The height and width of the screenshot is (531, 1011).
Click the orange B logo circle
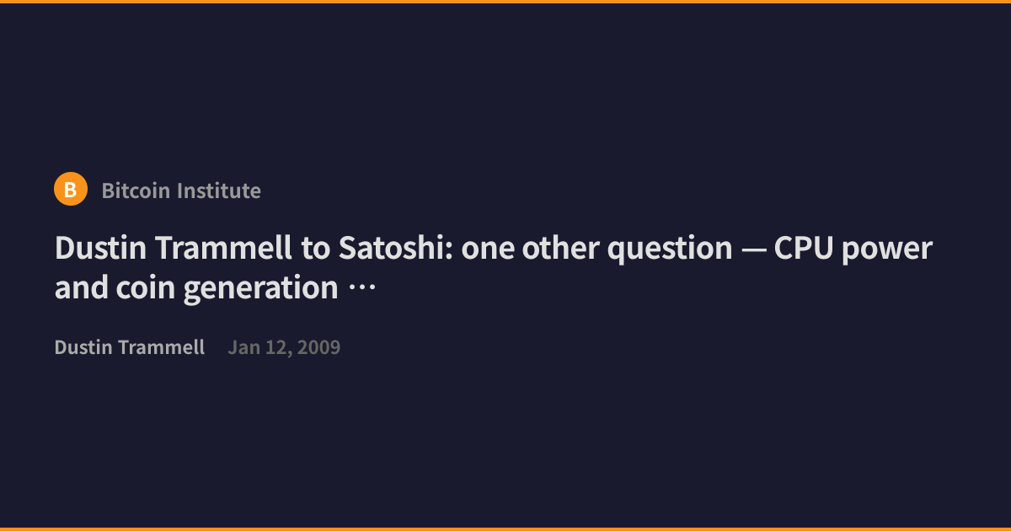click(x=71, y=189)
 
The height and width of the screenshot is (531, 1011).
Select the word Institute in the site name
click(x=219, y=190)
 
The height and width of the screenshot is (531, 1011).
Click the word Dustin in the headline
click(x=100, y=248)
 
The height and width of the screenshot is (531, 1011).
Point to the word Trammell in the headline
click(x=223, y=248)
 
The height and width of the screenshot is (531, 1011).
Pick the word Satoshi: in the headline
click(x=395, y=248)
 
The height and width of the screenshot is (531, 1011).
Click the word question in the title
click(x=670, y=249)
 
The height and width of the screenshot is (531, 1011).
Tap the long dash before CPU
click(x=754, y=249)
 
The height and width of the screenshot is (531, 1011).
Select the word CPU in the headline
click(x=804, y=248)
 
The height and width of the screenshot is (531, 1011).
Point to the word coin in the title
click(x=145, y=287)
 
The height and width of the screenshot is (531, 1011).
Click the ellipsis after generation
click(x=362, y=287)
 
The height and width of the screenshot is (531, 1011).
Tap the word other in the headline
click(x=560, y=248)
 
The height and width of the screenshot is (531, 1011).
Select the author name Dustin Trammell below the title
click(x=130, y=347)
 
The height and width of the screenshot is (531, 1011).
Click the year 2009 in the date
click(x=318, y=347)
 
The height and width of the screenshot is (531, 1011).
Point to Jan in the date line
click(x=244, y=347)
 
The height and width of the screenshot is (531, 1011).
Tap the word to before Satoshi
click(x=315, y=249)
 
